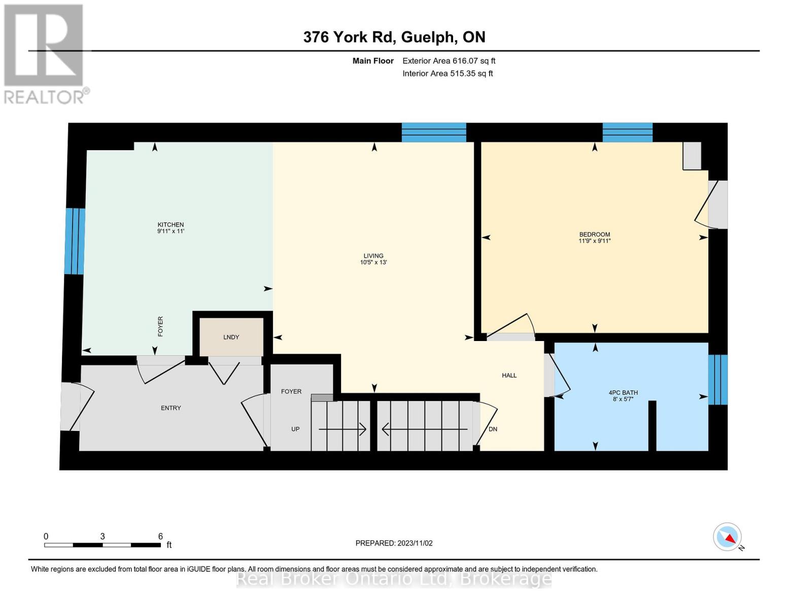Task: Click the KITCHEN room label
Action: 170,225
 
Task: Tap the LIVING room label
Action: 373,256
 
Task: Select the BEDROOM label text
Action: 594,234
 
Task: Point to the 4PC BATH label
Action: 623,392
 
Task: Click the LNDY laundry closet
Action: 231,337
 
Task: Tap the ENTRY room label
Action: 171,408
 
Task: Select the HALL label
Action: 509,376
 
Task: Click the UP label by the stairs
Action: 295,429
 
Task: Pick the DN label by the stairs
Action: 493,429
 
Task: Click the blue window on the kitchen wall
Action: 75,241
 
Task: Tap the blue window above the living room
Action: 434,132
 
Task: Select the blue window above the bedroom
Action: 627,132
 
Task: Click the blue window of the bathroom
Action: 717,380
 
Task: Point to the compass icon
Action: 728,537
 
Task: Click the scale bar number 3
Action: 102,536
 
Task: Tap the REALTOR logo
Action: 45,54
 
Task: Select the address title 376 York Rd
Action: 394,37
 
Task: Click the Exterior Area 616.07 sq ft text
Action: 449,61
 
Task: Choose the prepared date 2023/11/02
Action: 394,543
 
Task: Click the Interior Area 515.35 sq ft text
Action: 448,74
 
